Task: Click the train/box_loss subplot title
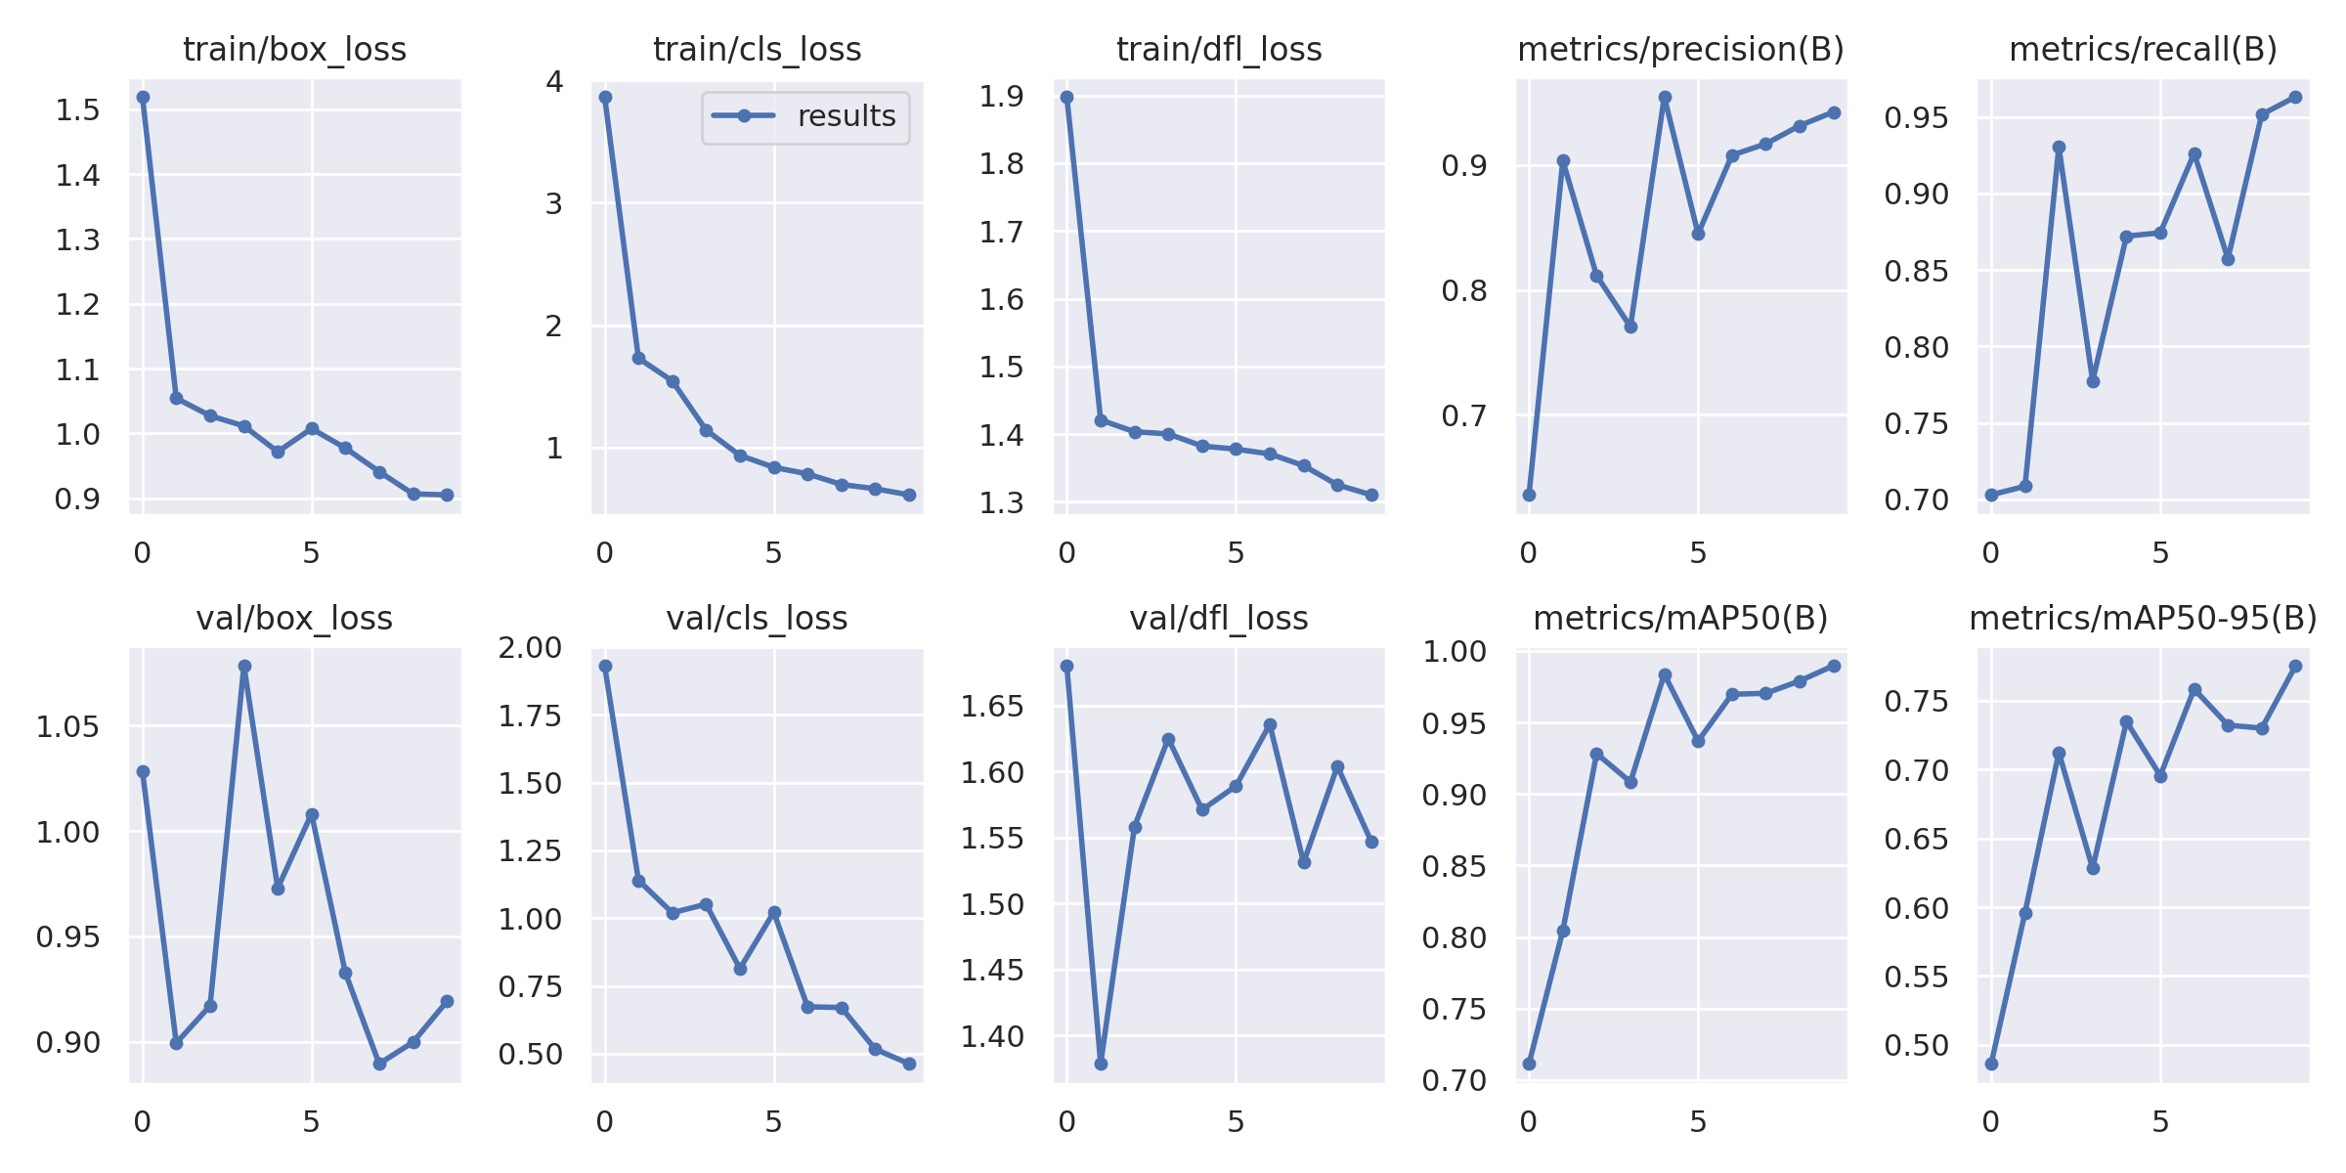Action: [294, 49]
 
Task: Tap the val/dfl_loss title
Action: [1218, 618]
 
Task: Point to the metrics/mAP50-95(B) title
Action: [2143, 618]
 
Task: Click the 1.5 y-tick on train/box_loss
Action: [77, 109]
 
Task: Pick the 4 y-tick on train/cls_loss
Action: [555, 81]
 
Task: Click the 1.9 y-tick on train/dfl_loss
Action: [1001, 96]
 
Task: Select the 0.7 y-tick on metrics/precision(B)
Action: [1463, 415]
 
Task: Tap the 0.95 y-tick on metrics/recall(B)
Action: [1916, 118]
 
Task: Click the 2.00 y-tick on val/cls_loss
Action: [530, 647]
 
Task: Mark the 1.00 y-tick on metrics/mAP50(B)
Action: [1454, 652]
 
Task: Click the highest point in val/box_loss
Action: [244, 666]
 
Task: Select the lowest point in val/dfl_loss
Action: [1101, 1064]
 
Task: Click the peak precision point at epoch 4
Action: [1665, 97]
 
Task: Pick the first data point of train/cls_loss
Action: [605, 97]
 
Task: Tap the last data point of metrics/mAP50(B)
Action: [1834, 666]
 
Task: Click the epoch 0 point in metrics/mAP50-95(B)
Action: [1991, 1064]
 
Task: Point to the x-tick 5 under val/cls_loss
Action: [773, 1122]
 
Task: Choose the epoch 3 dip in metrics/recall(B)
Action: [2093, 381]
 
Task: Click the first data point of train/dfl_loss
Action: [1066, 97]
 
